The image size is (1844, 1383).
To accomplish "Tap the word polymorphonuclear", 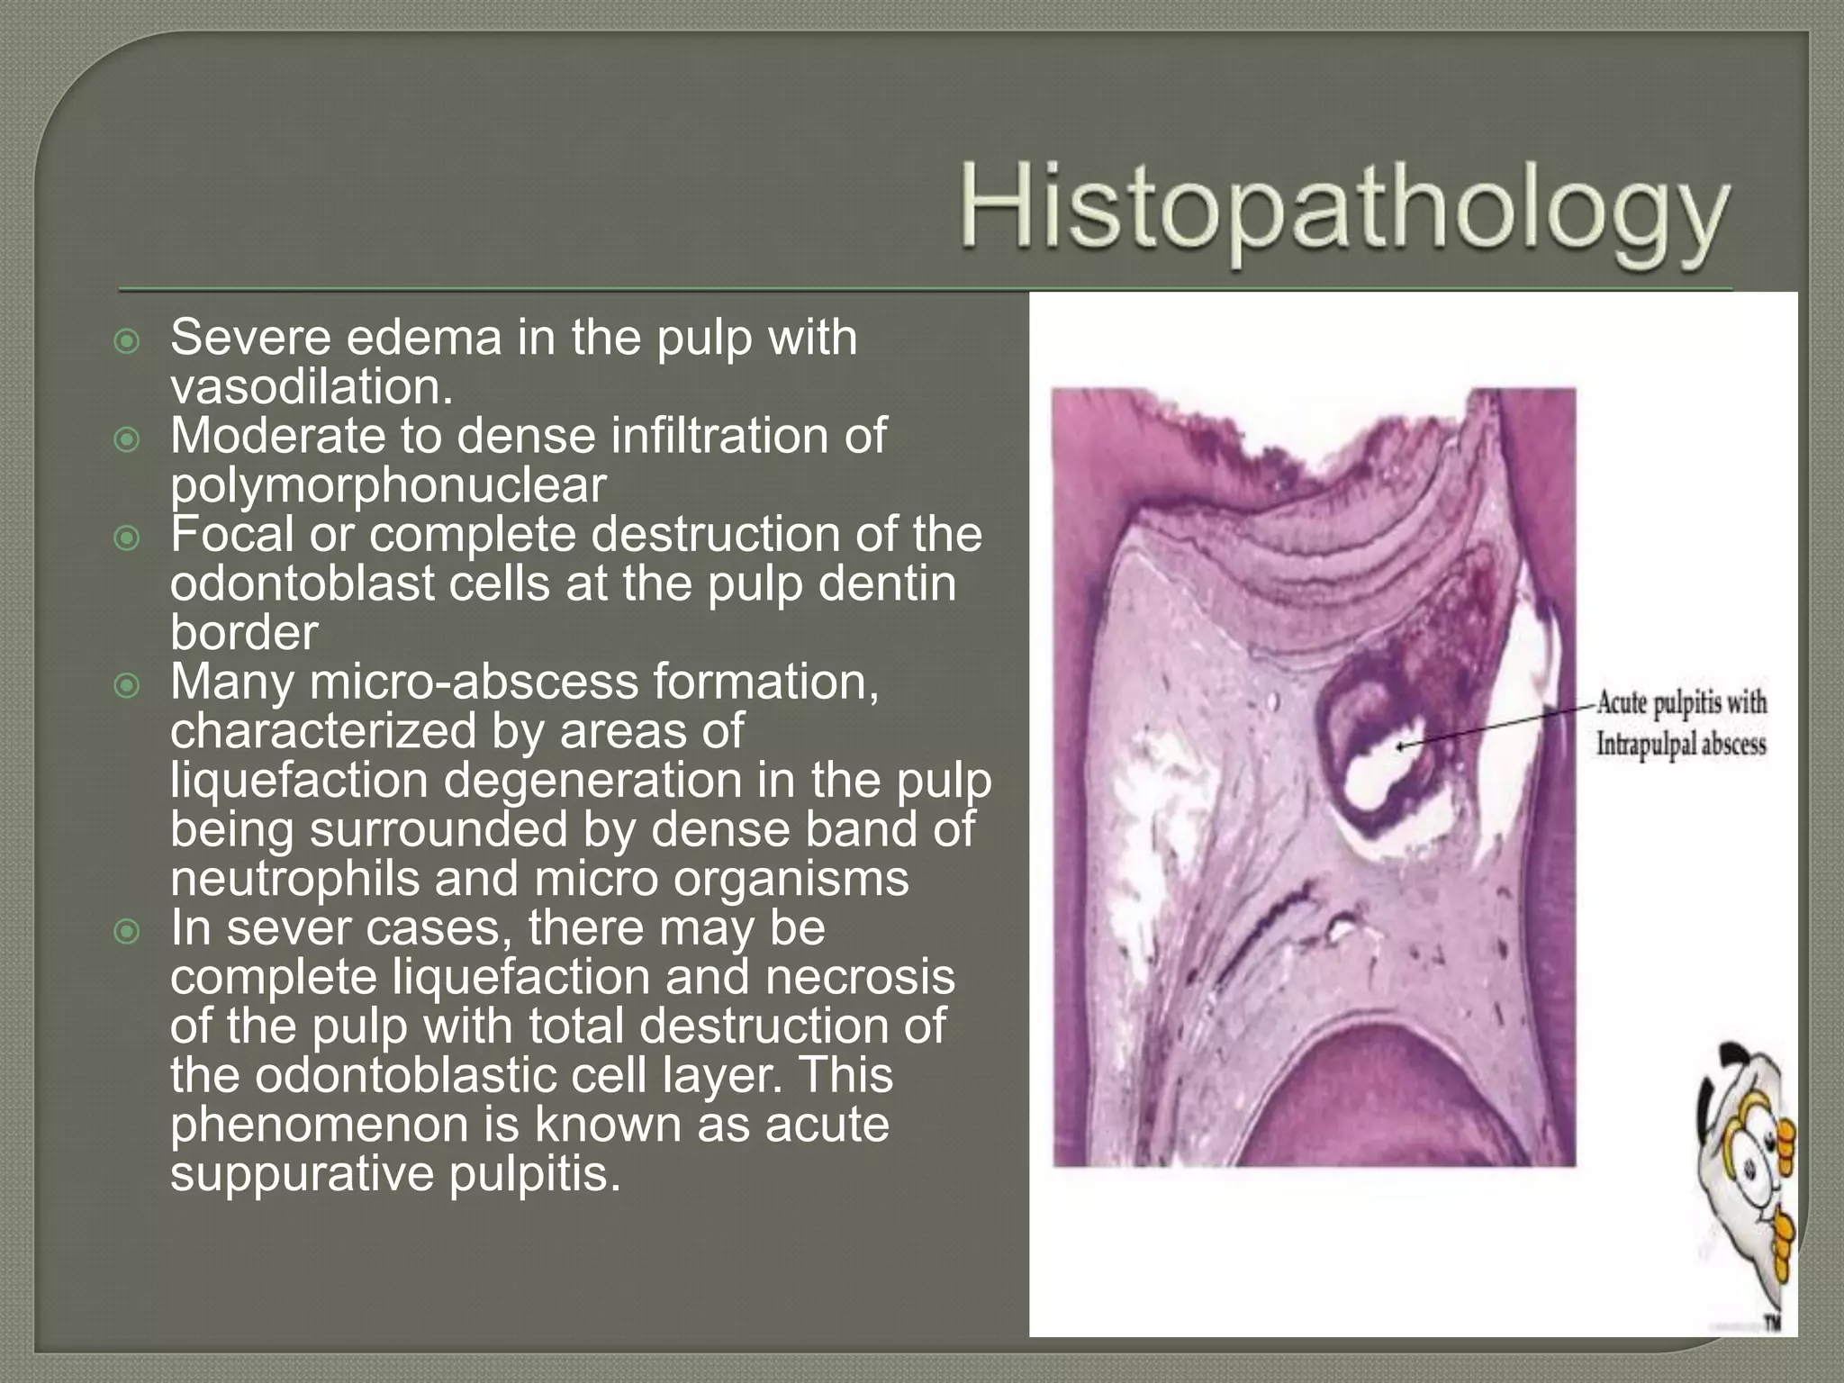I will (388, 485).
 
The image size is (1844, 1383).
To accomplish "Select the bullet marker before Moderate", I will (128, 439).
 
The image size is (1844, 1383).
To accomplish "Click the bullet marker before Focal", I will (128, 538).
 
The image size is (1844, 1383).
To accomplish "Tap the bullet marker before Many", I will (128, 686).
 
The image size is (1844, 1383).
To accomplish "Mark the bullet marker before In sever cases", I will (128, 932).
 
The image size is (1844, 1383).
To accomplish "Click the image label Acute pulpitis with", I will (1681, 702).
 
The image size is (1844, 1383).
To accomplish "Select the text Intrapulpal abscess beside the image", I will (1681, 745).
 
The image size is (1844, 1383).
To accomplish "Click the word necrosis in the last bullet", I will (860, 977).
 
